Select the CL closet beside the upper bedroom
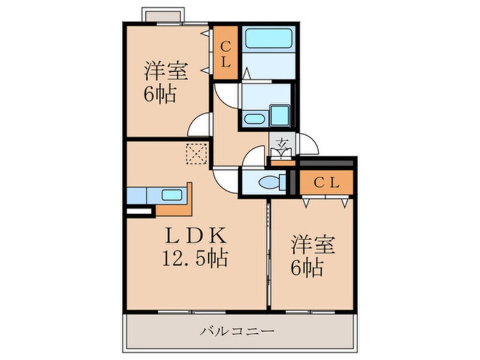pos(225,55)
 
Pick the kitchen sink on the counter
pos(171,194)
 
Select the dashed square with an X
pos(197,154)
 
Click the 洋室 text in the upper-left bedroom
pos(162,71)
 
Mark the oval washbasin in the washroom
pos(254,119)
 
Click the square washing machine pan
pos(280,115)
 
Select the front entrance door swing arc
pos(310,144)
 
